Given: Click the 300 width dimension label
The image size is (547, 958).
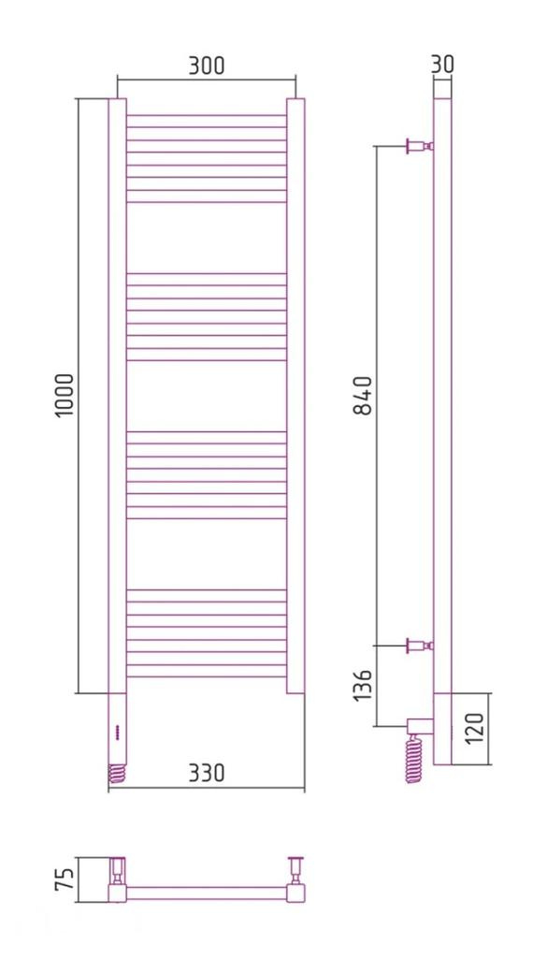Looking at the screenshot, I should click(x=207, y=65).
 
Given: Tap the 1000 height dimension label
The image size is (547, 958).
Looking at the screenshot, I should click(x=64, y=395).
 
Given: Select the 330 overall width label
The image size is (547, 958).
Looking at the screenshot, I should click(x=207, y=773).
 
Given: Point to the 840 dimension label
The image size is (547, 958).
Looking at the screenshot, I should click(x=364, y=395).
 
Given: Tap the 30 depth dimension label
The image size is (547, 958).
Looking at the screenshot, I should click(x=442, y=64).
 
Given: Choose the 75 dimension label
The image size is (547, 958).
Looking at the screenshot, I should click(x=63, y=880).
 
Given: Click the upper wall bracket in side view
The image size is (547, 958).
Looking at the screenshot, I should click(x=417, y=146).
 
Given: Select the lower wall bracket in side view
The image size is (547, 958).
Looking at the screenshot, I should click(x=417, y=645).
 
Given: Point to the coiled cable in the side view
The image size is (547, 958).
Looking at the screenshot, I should click(x=413, y=759).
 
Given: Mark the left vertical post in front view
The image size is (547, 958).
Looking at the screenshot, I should click(x=117, y=393).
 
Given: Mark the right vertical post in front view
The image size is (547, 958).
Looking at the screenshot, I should click(x=295, y=393).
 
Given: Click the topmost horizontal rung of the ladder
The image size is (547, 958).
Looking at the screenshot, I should click(x=206, y=116).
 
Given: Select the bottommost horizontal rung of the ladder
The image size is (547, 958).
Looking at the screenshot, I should click(x=206, y=675).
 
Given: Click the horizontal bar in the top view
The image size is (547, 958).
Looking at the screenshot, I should click(x=206, y=893).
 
